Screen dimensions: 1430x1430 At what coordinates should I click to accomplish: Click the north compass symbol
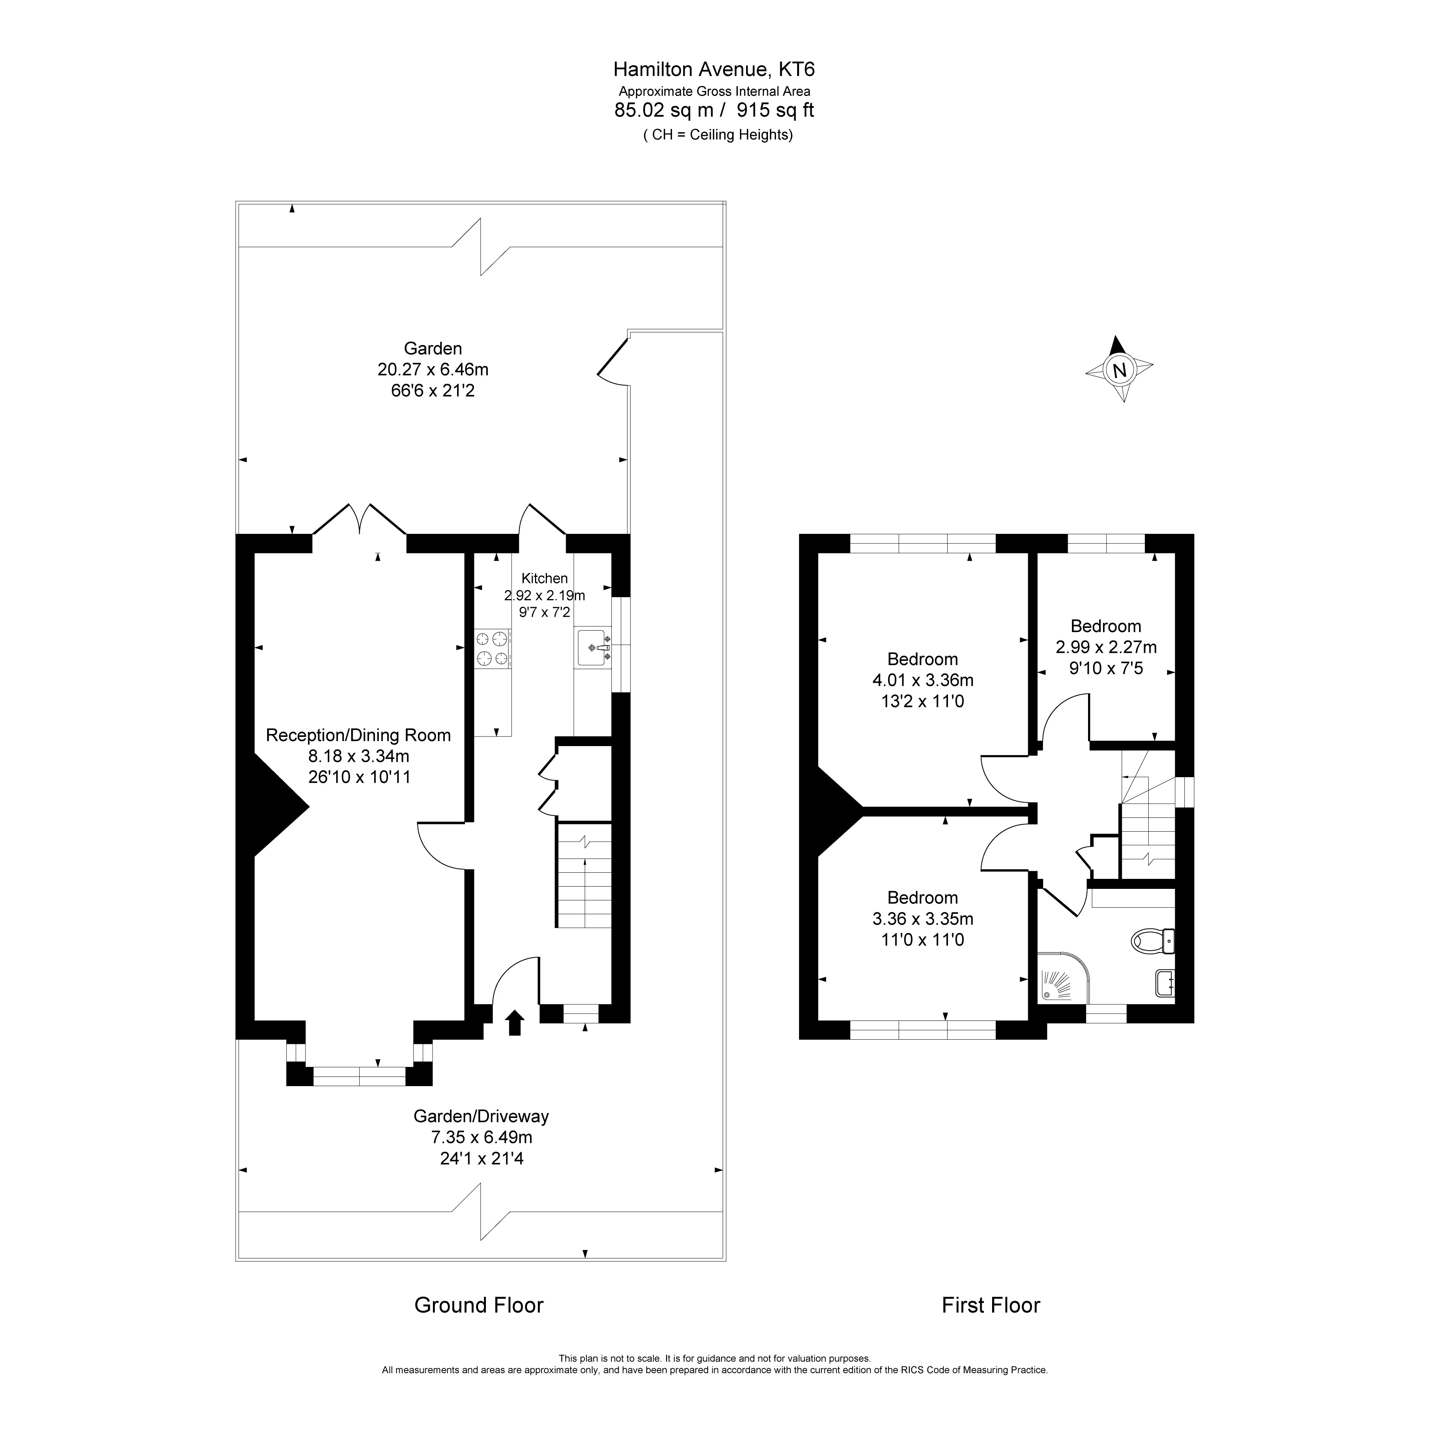point(1119,368)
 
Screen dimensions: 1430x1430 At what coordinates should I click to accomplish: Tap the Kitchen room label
point(545,578)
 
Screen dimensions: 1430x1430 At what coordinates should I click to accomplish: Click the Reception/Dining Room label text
point(358,735)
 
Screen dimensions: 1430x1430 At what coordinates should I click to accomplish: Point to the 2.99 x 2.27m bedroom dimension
point(1106,647)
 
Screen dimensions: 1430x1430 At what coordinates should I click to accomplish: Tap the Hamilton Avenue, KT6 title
point(714,69)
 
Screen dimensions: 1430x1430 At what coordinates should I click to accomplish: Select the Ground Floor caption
point(479,1305)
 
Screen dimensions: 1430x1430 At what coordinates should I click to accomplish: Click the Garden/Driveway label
point(481,1115)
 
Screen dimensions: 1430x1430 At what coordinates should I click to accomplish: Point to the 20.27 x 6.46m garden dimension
point(433,368)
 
